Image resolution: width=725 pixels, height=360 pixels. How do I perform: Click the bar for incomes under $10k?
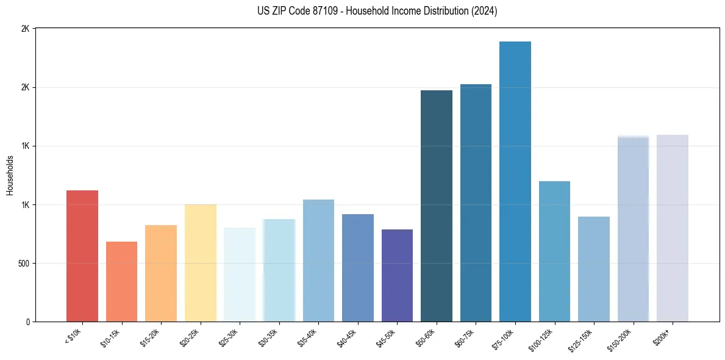click(x=82, y=256)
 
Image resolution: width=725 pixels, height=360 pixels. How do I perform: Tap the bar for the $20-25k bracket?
click(x=200, y=263)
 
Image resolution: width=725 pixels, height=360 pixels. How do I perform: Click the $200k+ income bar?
click(x=673, y=228)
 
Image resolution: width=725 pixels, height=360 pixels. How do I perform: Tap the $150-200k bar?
click(x=633, y=229)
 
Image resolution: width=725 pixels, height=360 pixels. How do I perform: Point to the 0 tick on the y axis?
click(x=28, y=322)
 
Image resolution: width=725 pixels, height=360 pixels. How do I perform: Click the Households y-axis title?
click(x=10, y=175)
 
